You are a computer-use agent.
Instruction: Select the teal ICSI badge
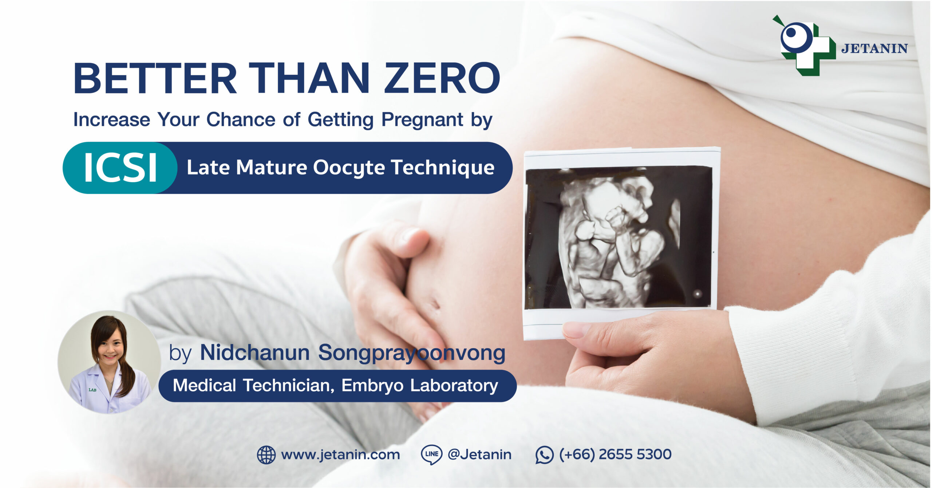coord(120,168)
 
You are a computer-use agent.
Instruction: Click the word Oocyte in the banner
coord(349,168)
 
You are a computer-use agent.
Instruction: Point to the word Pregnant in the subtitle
coord(422,120)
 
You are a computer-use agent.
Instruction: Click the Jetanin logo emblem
coord(804,46)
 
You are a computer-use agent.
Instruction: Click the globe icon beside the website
coord(266,455)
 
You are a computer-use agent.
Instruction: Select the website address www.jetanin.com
coord(340,455)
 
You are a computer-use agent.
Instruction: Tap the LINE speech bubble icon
coord(431,454)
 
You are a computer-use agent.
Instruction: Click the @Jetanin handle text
coord(479,454)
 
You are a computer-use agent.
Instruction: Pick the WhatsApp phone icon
coord(544,455)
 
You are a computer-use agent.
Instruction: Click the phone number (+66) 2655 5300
coord(615,454)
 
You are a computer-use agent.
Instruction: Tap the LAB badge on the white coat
coord(92,390)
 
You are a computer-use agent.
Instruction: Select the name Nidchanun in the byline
coord(255,353)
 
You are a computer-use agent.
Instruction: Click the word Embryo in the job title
coord(372,386)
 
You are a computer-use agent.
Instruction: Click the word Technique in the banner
coord(443,168)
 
